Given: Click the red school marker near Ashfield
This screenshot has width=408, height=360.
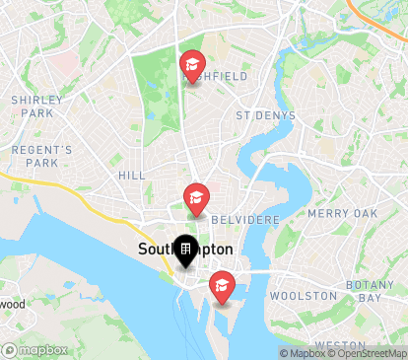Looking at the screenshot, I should click(x=191, y=66).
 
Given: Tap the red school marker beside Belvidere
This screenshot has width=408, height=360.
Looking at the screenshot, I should click(x=196, y=198).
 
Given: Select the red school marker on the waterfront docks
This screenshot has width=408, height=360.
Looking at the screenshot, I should click(x=222, y=286).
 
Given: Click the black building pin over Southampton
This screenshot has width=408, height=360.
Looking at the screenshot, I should click(x=184, y=252).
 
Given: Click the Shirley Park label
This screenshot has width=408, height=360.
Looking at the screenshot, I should click(x=37, y=107).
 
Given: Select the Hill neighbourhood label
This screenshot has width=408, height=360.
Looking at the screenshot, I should click(x=131, y=175).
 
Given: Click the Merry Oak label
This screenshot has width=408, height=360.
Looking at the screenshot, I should click(x=342, y=213).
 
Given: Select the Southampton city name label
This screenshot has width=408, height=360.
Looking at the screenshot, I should click(x=185, y=249).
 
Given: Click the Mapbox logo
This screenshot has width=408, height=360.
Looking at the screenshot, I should click(x=34, y=349).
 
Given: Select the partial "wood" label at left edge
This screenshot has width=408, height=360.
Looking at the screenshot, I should click(x=13, y=305).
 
